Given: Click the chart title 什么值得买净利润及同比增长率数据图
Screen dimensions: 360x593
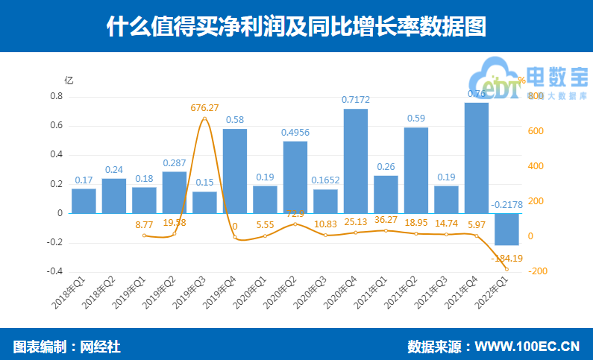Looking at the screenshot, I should [296, 27].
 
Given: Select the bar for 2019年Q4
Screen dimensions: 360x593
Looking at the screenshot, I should [235, 171].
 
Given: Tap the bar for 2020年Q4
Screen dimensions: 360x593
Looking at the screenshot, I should [356, 161].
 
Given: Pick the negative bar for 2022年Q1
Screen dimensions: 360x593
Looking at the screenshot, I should [506, 229].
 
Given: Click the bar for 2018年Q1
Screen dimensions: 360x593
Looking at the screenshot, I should [84, 200].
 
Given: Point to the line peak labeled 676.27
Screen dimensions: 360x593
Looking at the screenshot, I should [204, 119].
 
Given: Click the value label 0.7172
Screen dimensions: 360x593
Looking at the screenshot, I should [356, 100].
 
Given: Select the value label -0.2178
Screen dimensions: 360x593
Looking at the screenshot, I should [506, 204].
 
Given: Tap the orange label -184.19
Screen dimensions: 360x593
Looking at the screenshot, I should [506, 259].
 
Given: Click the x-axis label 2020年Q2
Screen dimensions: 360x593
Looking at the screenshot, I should [281, 303].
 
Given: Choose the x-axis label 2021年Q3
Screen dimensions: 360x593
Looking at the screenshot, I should [433, 303].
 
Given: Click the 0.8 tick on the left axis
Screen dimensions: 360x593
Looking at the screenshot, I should [56, 97].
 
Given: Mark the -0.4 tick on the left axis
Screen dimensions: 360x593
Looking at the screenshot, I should [54, 271].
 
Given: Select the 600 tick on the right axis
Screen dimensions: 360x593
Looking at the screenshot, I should [536, 132].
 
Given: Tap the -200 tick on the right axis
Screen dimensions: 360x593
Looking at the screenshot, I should [539, 271].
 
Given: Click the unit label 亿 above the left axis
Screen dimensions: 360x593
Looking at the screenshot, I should [69, 80].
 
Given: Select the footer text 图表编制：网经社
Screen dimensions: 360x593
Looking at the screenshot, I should [66, 346].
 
